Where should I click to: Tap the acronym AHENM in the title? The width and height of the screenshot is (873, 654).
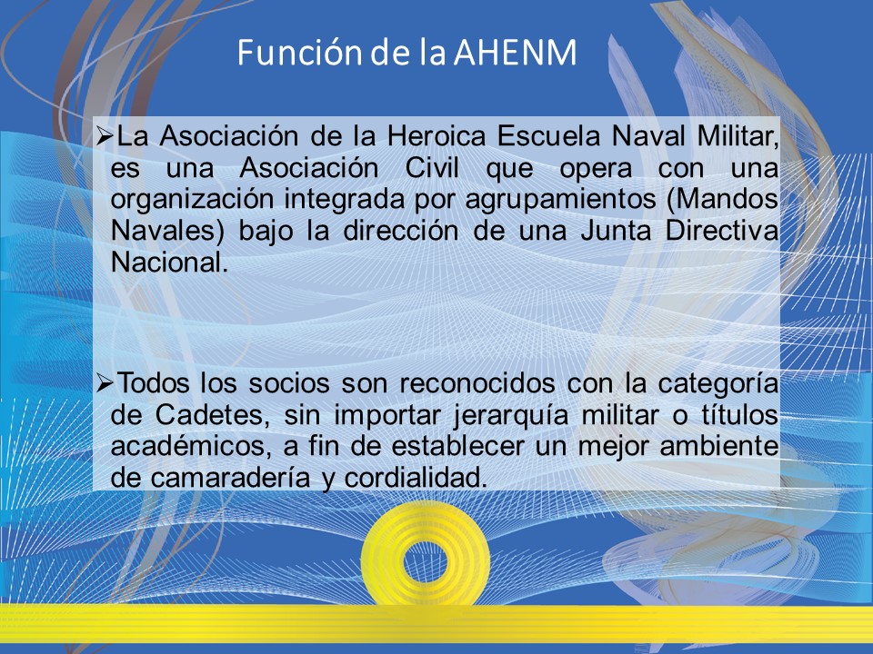tap(515, 53)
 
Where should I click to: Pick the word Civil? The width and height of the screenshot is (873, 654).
tap(433, 168)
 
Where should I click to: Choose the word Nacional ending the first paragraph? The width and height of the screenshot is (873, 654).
tap(169, 263)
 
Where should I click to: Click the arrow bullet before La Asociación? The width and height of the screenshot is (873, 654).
tap(105, 136)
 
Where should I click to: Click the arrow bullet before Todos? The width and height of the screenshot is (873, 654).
tap(105, 383)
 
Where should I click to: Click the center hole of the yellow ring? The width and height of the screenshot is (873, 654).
tap(426, 561)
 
